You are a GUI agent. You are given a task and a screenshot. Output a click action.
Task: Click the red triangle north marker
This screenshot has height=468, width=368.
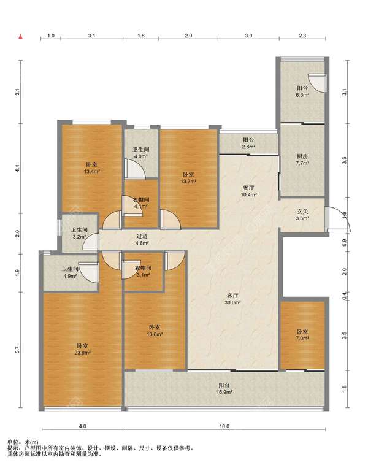pyautogui.click(x=21, y=37)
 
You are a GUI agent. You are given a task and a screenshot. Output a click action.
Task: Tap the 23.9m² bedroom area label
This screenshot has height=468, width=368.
pyautogui.click(x=82, y=353)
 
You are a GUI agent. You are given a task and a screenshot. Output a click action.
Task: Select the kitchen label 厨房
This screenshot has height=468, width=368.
pyautogui.click(x=302, y=156)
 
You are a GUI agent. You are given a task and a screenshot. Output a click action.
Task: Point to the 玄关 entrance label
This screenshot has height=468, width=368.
pyautogui.click(x=302, y=212)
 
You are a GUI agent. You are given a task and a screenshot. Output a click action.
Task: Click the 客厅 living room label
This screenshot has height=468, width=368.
pyautogui.click(x=232, y=296)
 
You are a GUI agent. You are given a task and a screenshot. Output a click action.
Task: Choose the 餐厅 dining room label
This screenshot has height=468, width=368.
pyautogui.click(x=248, y=188)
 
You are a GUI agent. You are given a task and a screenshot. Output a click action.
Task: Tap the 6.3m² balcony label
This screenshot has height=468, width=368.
pyautogui.click(x=302, y=95)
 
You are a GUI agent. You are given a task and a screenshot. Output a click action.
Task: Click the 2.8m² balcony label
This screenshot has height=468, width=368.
pyautogui.click(x=248, y=147)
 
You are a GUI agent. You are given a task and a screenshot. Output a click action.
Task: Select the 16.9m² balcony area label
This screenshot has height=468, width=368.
pyautogui.click(x=224, y=392)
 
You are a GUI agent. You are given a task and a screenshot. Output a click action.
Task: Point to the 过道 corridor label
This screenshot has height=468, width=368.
pyautogui.click(x=142, y=236)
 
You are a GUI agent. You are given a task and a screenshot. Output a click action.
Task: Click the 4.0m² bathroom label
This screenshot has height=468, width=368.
pyautogui.click(x=141, y=156)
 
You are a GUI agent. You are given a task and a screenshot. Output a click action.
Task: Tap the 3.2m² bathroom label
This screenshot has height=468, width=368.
pyautogui.click(x=79, y=237)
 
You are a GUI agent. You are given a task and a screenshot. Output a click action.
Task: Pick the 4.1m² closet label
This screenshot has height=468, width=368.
pyautogui.click(x=141, y=206)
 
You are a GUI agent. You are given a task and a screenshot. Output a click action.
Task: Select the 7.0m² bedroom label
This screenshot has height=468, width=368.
pyautogui.click(x=302, y=338)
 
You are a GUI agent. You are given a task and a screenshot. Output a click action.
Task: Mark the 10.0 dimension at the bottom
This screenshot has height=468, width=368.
pyautogui.click(x=224, y=426)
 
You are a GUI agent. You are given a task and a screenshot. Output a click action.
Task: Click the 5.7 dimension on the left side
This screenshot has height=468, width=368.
pyautogui.click(x=17, y=350)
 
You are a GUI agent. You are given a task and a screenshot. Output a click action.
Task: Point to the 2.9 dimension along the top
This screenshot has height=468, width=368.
pyautogui.click(x=188, y=36)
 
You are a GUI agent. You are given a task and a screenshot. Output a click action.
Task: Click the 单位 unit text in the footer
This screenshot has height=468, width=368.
pyautogui.click(x=13, y=442)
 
